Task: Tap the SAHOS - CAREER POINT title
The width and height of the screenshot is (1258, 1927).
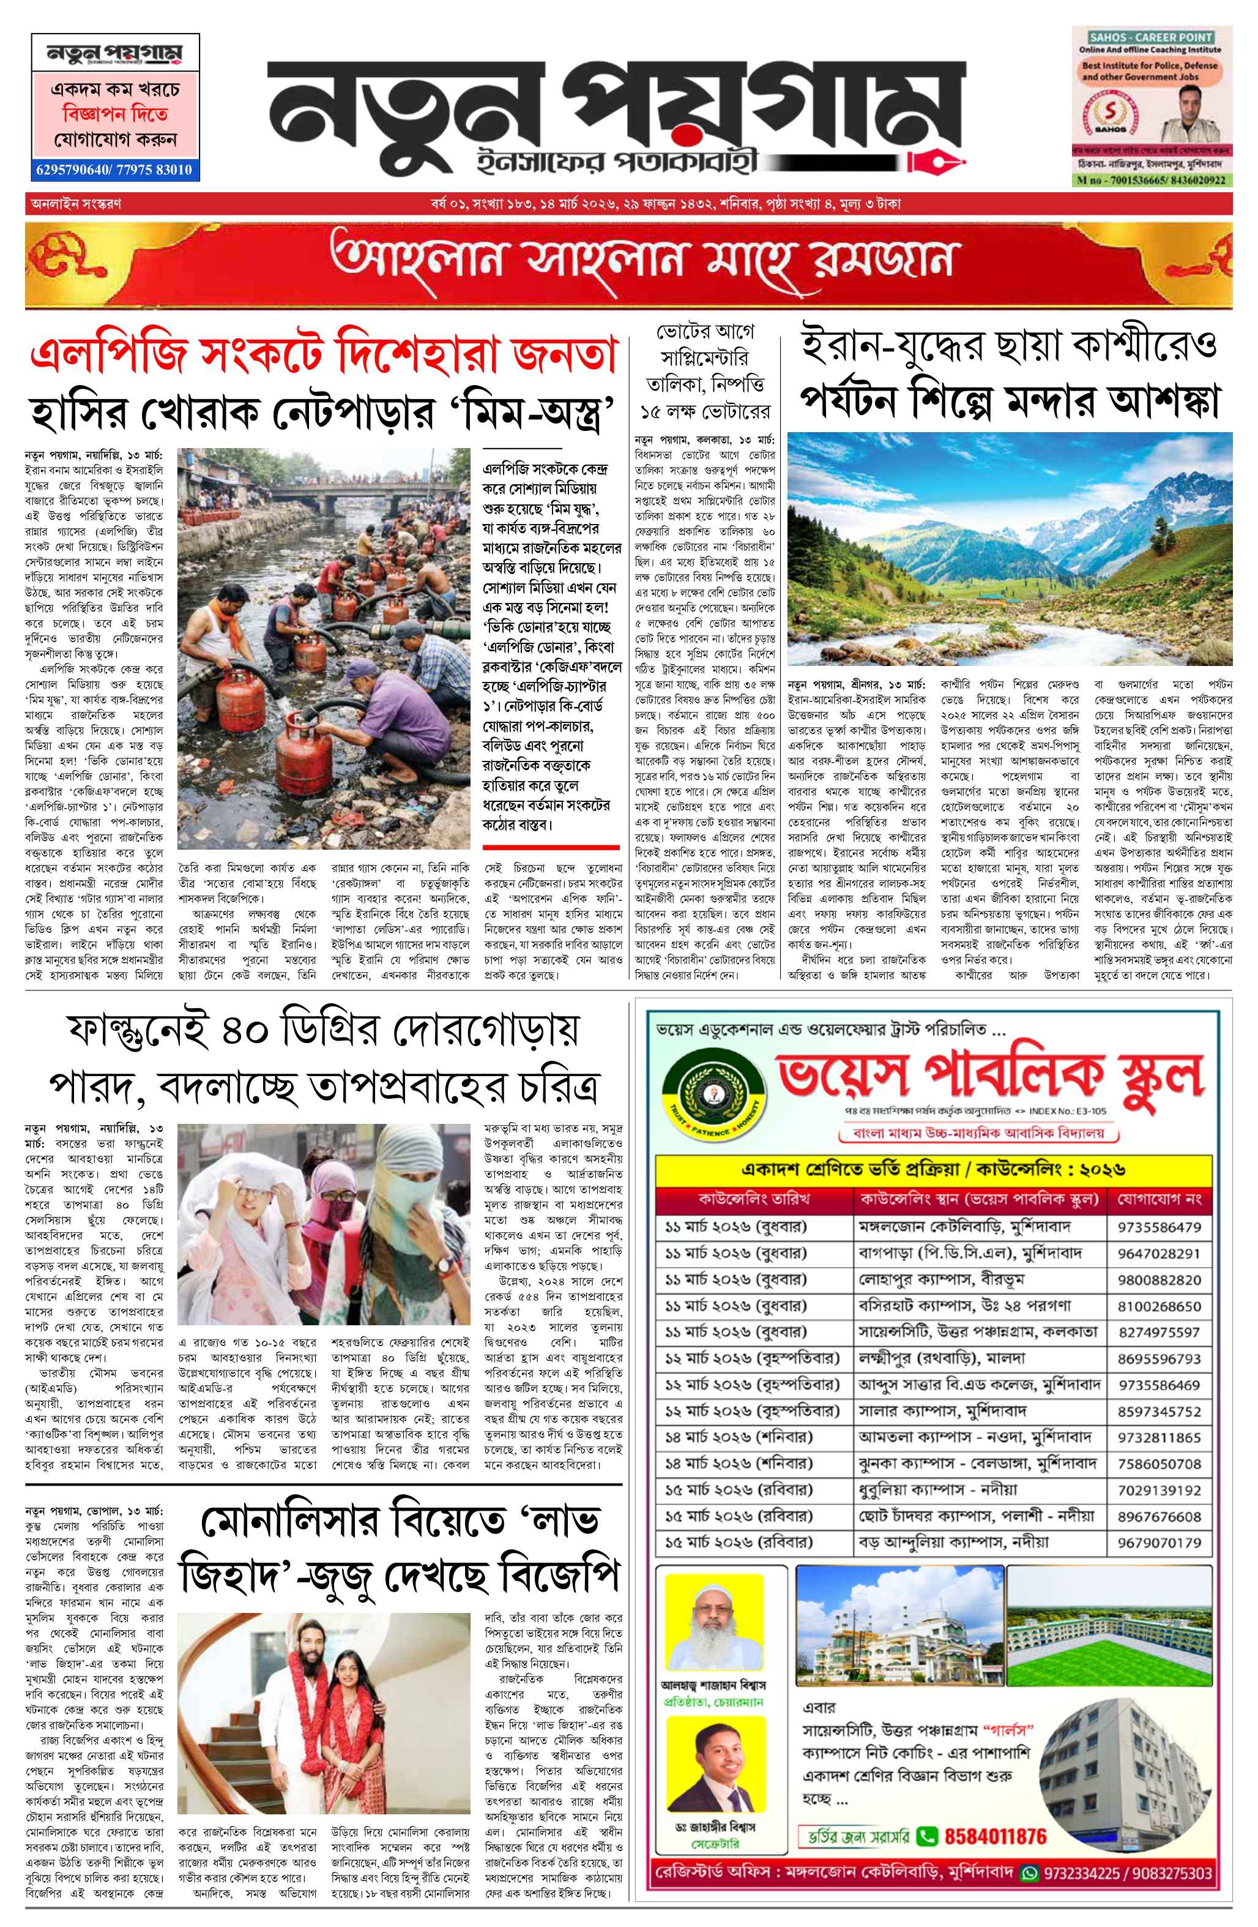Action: pos(1150,37)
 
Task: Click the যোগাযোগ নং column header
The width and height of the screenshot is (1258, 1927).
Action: pos(1159,1199)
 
